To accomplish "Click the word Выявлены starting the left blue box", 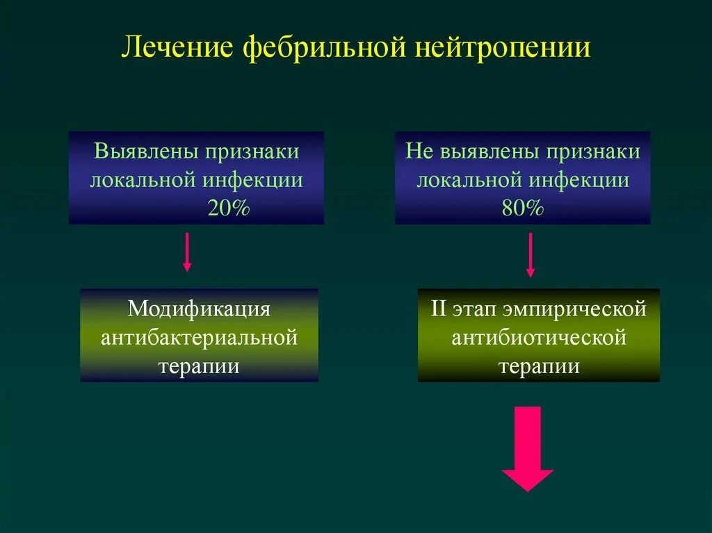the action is [143, 152].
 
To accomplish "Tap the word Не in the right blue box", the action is [419, 152].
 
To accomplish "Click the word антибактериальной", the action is [199, 338].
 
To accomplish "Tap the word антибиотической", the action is [539, 338].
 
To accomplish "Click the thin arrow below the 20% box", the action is [187, 252].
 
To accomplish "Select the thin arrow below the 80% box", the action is [531, 254].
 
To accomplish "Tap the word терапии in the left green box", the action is [199, 366].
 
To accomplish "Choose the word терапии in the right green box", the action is [539, 366].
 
